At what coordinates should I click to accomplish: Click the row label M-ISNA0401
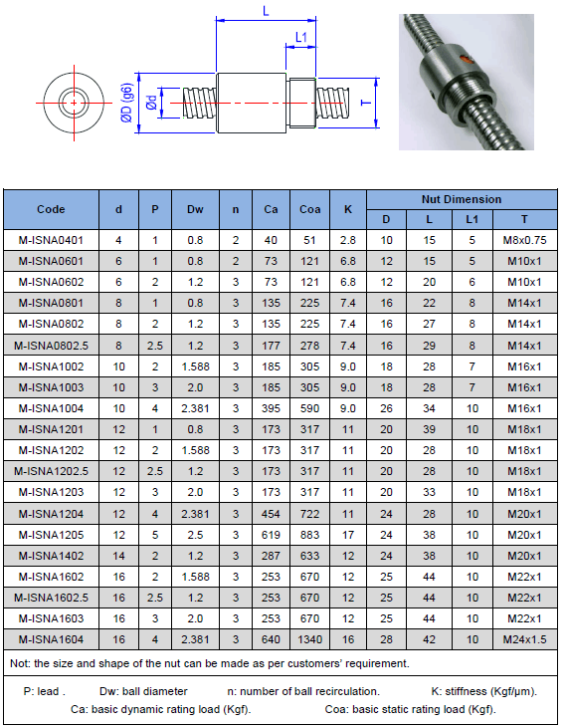51,240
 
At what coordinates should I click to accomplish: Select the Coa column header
309,209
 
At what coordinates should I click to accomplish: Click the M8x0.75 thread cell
524,240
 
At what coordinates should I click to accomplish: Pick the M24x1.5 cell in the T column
524,639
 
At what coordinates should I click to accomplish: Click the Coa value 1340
309,639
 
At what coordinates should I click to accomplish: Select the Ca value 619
271,534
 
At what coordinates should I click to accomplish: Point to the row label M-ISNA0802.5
51,345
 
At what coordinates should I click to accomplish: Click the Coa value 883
309,534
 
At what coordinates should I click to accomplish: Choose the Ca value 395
271,408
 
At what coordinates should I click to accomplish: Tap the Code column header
51,209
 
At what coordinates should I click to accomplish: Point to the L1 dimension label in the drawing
301,38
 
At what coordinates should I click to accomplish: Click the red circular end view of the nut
73,102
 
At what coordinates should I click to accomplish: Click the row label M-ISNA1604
51,639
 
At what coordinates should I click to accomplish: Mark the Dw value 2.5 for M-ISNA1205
195,534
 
